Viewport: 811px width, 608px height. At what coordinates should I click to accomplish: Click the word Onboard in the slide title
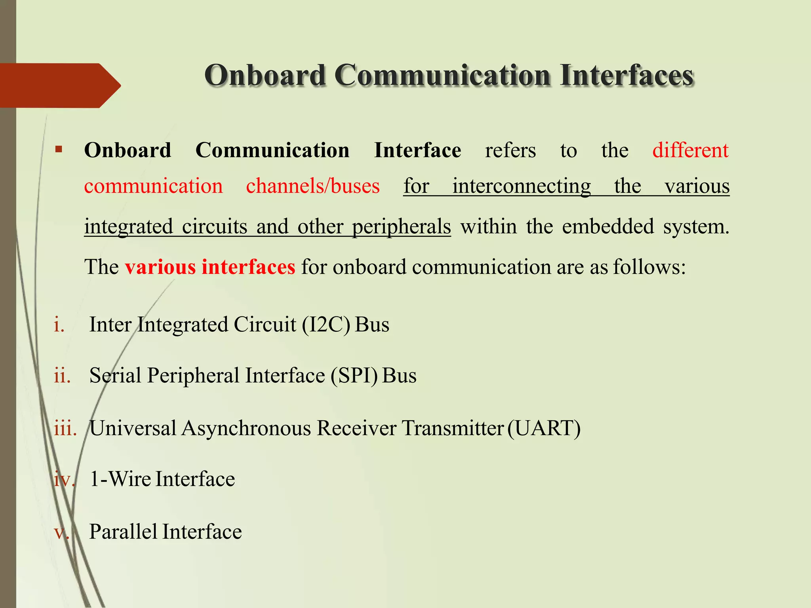265,75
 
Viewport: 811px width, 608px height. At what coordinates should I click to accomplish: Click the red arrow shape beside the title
59,85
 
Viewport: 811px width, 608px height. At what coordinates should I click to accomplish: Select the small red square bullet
59,150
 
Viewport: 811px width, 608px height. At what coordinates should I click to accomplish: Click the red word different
690,150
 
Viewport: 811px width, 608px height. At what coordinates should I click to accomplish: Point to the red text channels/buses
312,186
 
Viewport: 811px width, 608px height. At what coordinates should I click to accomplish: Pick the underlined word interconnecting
522,186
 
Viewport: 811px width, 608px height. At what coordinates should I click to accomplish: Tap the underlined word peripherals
401,226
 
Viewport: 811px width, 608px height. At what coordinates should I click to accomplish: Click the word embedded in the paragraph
608,226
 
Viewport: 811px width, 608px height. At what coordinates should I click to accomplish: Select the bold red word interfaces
248,267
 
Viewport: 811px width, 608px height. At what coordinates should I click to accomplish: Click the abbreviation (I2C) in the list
326,325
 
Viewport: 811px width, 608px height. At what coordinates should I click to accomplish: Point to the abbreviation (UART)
544,428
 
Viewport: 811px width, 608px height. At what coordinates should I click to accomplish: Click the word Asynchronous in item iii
246,428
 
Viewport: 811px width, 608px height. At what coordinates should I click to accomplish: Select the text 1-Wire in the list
120,479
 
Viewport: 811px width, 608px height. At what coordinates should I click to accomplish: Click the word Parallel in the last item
123,531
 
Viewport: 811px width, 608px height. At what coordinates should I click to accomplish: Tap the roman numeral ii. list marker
62,375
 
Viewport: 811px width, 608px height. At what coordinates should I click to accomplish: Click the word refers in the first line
510,150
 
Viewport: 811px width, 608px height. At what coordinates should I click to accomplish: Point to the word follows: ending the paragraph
649,267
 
